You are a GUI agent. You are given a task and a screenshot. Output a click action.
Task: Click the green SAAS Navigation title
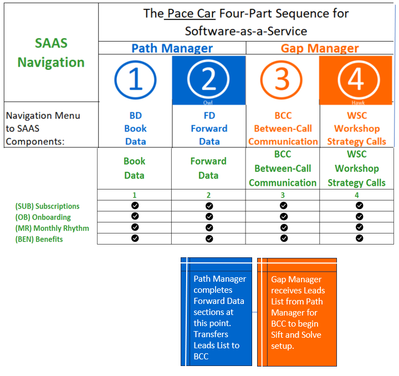50,53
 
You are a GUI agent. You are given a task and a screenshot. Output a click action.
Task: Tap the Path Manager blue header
172,48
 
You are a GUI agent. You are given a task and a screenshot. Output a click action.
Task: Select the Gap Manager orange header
320,48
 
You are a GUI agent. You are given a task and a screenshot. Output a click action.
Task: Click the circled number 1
135,80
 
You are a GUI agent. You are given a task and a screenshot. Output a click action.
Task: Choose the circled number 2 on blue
209,80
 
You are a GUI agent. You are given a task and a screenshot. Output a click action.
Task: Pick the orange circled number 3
283,80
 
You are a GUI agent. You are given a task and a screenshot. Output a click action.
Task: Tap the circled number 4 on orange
356,80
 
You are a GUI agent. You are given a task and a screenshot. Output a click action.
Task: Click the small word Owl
209,103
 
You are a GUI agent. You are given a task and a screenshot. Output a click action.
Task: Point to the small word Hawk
358,103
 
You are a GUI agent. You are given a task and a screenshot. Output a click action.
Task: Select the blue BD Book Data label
135,128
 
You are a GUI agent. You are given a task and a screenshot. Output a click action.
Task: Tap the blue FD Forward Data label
209,128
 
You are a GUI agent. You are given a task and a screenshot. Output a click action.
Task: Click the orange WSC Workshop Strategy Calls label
356,128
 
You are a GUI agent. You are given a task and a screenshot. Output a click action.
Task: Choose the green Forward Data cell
208,168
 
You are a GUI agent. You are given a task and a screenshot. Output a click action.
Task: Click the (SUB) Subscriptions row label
48,206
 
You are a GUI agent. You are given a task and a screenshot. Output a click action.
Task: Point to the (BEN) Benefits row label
39,240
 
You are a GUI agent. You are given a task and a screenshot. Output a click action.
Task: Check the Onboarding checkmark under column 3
284,216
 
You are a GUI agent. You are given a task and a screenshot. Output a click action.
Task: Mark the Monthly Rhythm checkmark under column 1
135,227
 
